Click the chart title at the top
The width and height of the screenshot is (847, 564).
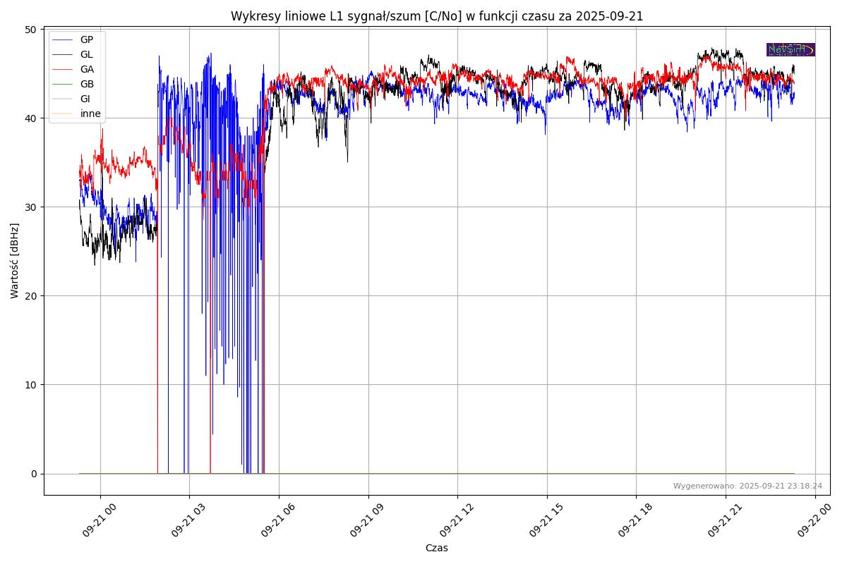(x=437, y=16)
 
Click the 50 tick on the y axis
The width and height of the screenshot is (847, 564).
(x=30, y=30)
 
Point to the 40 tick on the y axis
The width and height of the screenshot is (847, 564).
(x=30, y=118)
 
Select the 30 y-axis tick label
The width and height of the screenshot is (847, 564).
(x=30, y=207)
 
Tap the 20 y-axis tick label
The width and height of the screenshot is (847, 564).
(x=30, y=296)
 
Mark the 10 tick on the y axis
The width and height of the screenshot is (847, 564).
(x=30, y=385)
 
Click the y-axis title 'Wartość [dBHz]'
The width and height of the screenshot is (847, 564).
(x=15, y=261)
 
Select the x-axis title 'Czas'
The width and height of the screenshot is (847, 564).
(x=436, y=548)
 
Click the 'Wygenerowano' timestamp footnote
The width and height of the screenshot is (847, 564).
(x=747, y=486)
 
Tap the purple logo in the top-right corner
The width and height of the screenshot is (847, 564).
(x=791, y=49)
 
